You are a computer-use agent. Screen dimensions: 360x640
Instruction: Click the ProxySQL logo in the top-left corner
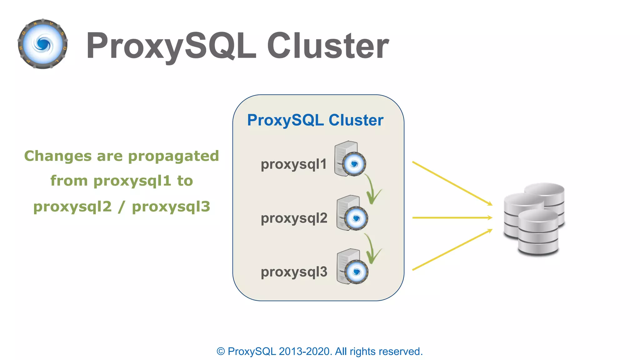click(43, 44)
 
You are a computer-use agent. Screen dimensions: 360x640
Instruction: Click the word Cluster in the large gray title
click(328, 46)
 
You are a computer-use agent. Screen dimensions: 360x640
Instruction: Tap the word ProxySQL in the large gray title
click(171, 46)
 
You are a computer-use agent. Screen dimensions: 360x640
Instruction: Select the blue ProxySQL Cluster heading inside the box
click(315, 120)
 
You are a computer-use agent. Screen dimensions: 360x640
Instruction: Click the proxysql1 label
click(293, 164)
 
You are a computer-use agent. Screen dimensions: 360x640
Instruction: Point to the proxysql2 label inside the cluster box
click(294, 218)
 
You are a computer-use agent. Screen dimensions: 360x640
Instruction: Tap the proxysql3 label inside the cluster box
click(294, 272)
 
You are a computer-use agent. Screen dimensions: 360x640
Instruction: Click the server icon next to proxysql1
click(350, 159)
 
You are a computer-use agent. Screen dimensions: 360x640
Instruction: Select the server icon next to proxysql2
click(352, 213)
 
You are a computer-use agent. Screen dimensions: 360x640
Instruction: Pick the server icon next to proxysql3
click(352, 267)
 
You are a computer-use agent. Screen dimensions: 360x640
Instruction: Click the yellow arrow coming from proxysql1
click(452, 183)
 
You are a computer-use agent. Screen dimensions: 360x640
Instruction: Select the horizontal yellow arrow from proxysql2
click(452, 217)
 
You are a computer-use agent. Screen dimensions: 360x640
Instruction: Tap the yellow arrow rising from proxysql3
click(452, 250)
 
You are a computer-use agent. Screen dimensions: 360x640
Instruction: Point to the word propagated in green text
click(173, 156)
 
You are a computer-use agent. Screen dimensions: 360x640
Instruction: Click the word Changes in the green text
click(58, 156)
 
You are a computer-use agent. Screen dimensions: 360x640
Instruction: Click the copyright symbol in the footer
click(221, 352)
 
